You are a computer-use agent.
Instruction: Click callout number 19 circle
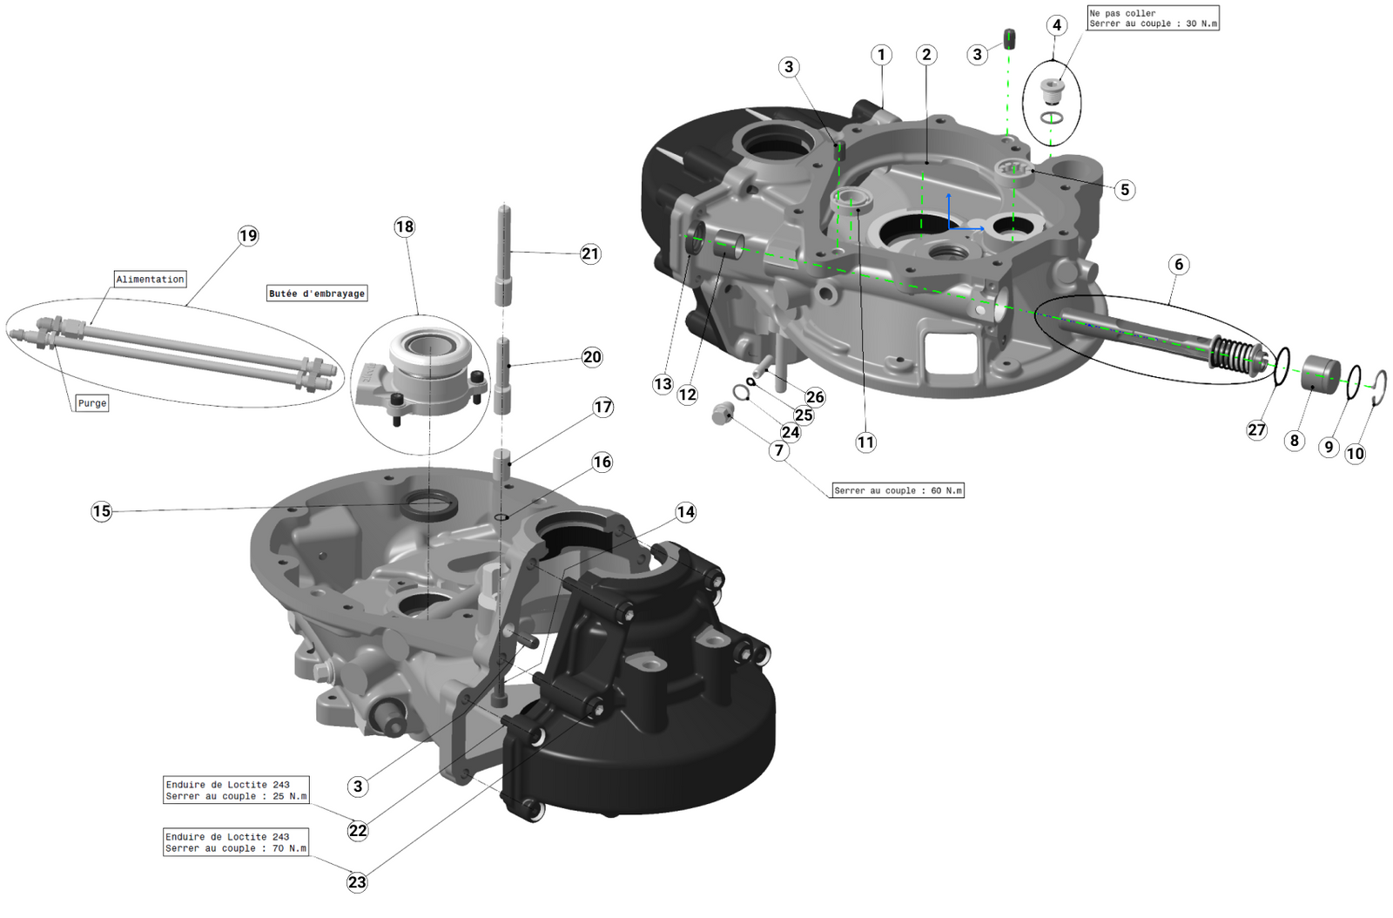coord(248,235)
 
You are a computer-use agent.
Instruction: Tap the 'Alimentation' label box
coord(150,279)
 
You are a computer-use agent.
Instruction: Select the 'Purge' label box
coord(91,403)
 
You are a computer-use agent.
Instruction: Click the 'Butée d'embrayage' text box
coord(317,294)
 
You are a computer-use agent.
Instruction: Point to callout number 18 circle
coord(405,226)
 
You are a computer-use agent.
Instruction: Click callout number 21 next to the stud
coord(590,253)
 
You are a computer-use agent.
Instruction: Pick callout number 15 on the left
coord(102,511)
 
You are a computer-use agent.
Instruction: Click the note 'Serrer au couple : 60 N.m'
coord(898,490)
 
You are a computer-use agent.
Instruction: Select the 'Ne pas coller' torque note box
coord(1153,18)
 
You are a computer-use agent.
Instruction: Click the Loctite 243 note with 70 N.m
coord(236,842)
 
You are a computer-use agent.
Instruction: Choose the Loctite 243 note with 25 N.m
coord(236,790)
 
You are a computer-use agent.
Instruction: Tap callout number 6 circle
coord(1179,264)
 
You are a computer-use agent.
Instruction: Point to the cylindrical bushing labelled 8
coord(1321,375)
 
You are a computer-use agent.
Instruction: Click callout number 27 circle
coord(1256,429)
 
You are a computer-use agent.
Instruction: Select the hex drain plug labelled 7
coord(722,415)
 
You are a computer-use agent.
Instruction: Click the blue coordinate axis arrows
coord(958,218)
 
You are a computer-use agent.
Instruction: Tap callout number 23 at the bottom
coord(357,881)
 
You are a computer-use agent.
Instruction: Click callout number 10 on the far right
coord(1355,453)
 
